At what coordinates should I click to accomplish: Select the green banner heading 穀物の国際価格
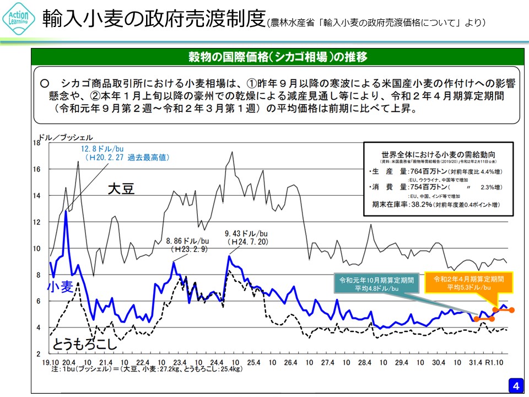pos(278,57)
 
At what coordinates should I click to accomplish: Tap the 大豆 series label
pos(121,189)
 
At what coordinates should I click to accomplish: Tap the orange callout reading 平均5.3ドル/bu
pos(468,282)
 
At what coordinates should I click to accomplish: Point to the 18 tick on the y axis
pos(37,143)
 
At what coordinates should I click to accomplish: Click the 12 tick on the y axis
pos(37,222)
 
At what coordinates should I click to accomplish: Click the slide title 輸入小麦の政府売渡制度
pos(154,20)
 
